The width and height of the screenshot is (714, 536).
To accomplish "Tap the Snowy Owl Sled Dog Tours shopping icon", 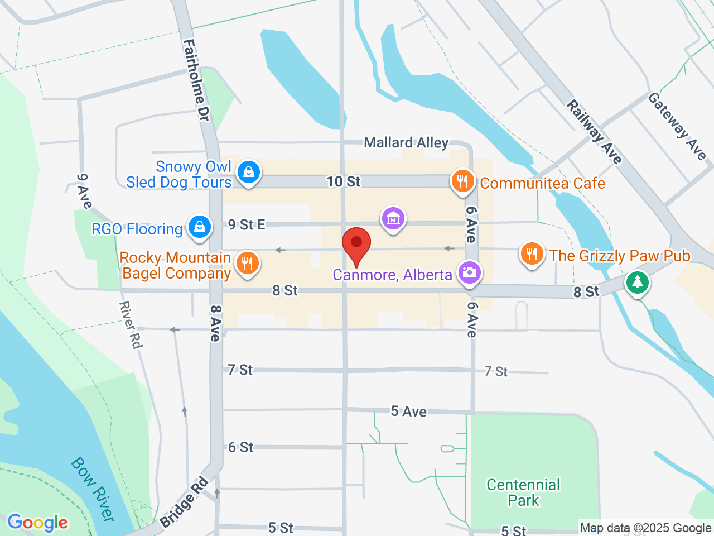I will tap(248, 172).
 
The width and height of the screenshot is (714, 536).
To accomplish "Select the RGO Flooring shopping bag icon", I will tap(199, 227).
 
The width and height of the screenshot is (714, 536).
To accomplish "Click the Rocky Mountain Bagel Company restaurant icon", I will tap(247, 262).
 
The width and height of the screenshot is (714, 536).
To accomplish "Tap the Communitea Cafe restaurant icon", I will tap(462, 181).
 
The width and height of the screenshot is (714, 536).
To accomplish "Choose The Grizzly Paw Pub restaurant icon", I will tap(532, 254).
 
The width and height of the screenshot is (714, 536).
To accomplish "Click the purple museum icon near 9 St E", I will tap(393, 219).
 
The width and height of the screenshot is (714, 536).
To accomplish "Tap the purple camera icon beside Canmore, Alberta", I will tap(469, 272).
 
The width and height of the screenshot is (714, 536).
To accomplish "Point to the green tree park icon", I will tap(638, 282).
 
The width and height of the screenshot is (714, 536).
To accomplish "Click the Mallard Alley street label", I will tap(406, 143).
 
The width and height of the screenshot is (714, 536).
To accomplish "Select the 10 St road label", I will tap(344, 181).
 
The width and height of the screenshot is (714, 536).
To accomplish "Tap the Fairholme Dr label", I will tap(196, 80).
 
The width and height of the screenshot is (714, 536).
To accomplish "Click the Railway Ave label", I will tap(594, 132).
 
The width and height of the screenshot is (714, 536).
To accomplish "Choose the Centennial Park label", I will tap(523, 492).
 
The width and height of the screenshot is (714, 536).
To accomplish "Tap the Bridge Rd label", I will tap(184, 502).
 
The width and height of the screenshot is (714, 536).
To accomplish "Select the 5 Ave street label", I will tap(408, 411).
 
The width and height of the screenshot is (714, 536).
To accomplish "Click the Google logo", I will tap(38, 523).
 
